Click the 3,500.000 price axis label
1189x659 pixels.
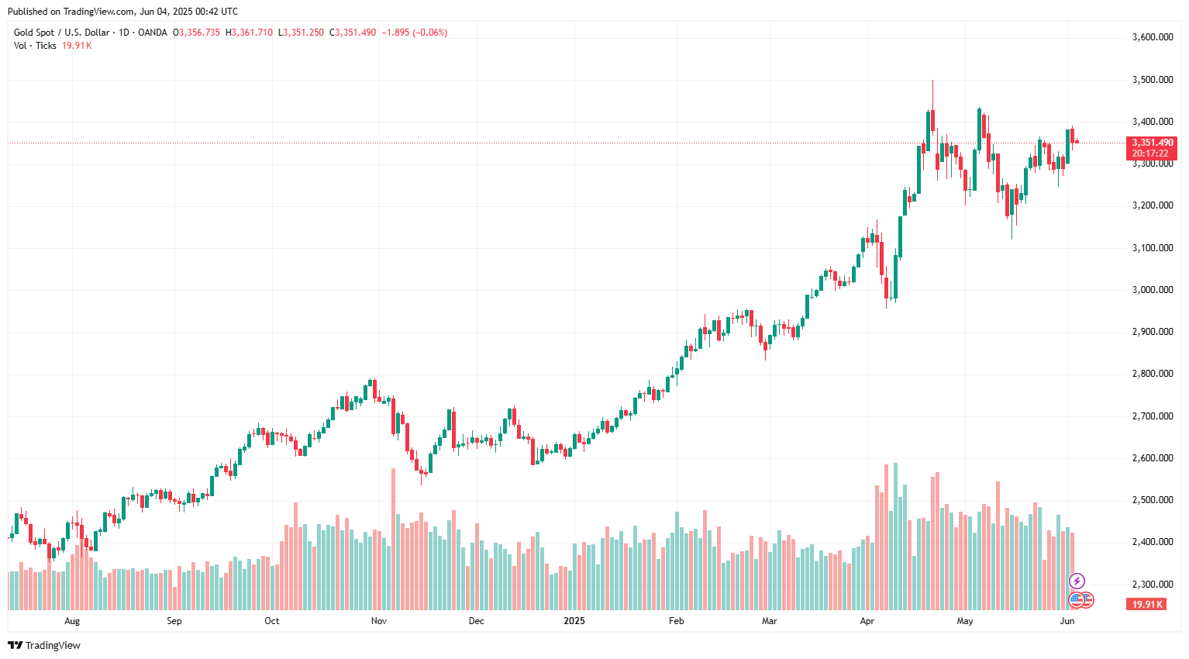pyautogui.click(x=1152, y=80)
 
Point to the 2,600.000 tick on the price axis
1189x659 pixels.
pyautogui.click(x=1152, y=458)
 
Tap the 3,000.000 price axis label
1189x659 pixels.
pyautogui.click(x=1152, y=290)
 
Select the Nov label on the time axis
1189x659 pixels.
pyautogui.click(x=379, y=621)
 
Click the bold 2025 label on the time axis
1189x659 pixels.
pyautogui.click(x=574, y=621)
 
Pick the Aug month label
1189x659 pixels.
pyautogui.click(x=72, y=621)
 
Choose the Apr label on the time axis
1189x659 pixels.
pyautogui.click(x=867, y=621)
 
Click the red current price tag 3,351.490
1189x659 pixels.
pyautogui.click(x=1153, y=143)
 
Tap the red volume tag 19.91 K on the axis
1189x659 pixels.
pyautogui.click(x=1147, y=605)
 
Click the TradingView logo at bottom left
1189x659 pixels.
pyautogui.click(x=44, y=645)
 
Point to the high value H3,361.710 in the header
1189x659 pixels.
pyautogui.click(x=249, y=33)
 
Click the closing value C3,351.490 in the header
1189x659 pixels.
pyautogui.click(x=353, y=33)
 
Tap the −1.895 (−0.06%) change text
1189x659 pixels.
pyautogui.click(x=414, y=33)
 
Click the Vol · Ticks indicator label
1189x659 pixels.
pyautogui.click(x=35, y=46)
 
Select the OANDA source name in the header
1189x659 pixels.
pyautogui.click(x=153, y=33)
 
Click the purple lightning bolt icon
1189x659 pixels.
pyautogui.click(x=1077, y=581)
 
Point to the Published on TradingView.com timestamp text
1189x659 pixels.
pyautogui.click(x=122, y=12)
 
